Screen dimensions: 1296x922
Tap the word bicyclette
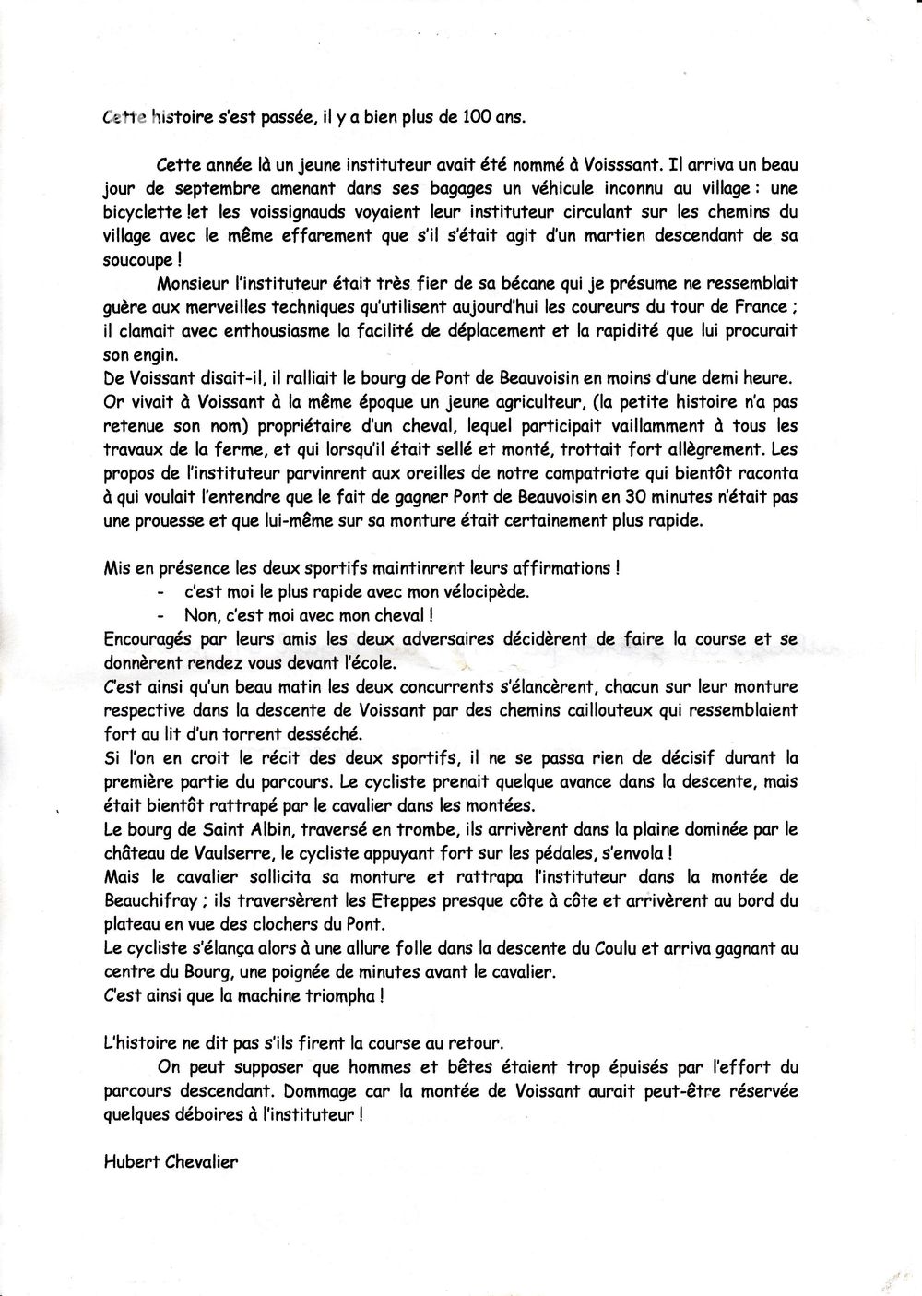click(x=143, y=211)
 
